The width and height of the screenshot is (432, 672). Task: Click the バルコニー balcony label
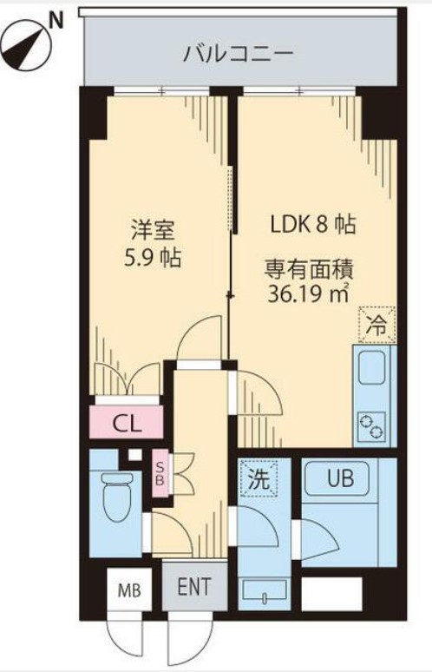[238, 55]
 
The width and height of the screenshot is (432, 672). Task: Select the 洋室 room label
[154, 230]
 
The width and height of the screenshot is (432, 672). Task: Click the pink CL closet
[127, 425]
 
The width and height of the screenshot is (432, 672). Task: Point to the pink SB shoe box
[160, 474]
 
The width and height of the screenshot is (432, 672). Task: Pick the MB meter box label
[128, 592]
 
